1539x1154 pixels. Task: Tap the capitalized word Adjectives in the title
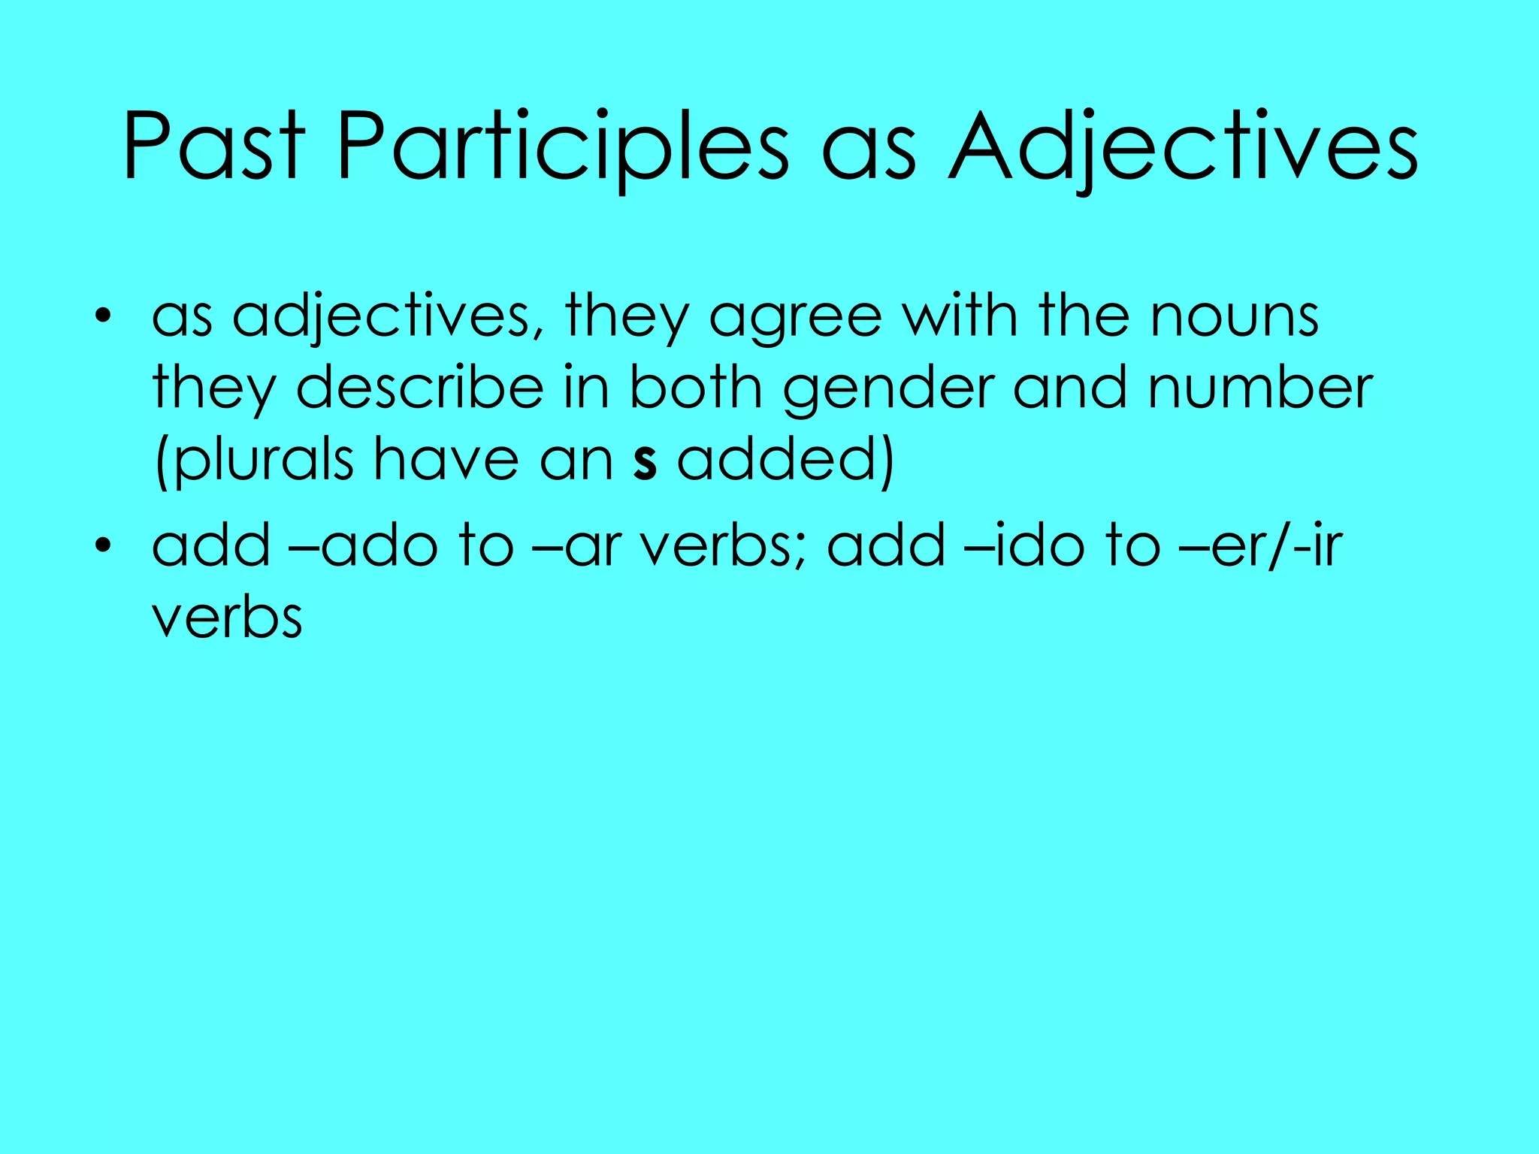[x=1183, y=148]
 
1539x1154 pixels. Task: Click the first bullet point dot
[x=103, y=316]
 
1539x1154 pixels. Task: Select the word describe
[x=419, y=388]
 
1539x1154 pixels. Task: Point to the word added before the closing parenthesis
[x=777, y=460]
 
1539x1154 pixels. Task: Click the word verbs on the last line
[x=227, y=618]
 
